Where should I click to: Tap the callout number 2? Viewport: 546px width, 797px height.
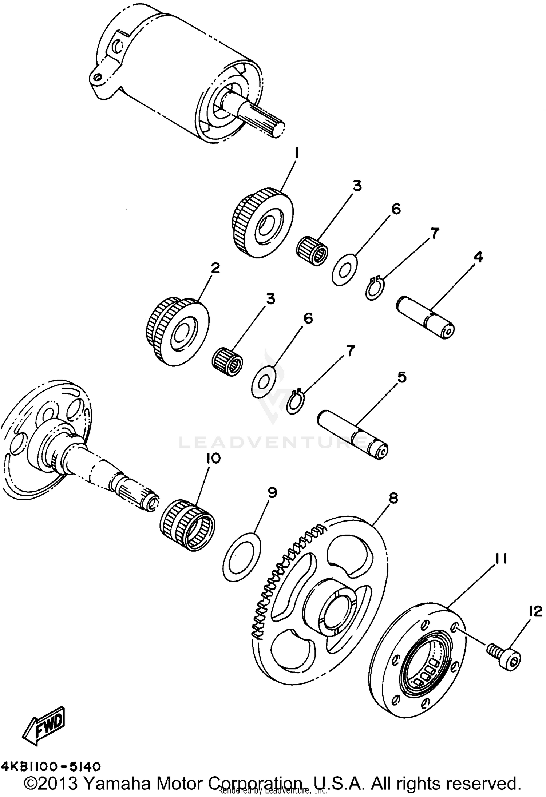pos(215,269)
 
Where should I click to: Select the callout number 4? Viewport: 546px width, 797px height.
pos(478,257)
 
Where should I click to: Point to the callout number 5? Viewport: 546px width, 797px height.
pos(401,377)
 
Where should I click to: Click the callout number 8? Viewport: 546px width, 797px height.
pos(393,498)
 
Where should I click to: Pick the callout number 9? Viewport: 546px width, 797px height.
pos(272,493)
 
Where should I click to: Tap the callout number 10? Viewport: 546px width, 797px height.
pos(214,459)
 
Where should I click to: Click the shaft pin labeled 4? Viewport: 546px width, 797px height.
pos(425,317)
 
